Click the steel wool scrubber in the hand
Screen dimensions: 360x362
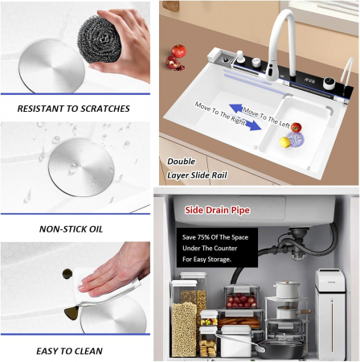99,39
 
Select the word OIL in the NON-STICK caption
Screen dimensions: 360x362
96,229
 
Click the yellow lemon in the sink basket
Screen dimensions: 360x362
284,142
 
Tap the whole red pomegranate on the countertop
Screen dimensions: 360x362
178,51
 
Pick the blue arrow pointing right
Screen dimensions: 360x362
254,125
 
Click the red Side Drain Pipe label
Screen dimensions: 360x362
217,210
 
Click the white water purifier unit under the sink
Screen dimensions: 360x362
330,314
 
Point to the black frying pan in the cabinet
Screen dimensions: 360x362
279,349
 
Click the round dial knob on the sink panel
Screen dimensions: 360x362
329,84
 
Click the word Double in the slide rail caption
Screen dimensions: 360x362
182,162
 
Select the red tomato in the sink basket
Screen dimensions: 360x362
296,127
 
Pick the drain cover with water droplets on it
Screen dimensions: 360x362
81,167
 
